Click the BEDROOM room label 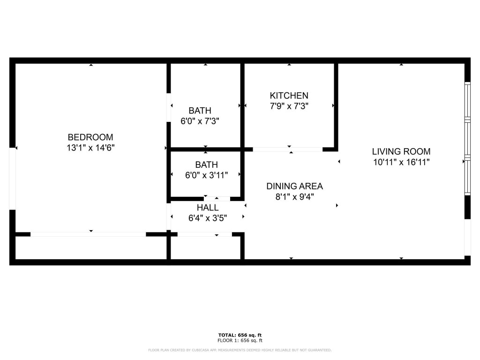90,137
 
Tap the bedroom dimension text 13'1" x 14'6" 90,148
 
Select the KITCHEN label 289,96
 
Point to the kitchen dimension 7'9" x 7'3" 289,106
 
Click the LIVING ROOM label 401,151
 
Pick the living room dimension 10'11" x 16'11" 401,162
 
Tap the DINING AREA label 294,186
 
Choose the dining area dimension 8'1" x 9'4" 294,197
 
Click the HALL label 207,207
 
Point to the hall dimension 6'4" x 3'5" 207,217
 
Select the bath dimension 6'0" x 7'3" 200,121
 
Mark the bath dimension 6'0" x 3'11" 207,175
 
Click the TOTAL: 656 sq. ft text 240,335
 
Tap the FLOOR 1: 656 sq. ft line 240,341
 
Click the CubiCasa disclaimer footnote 240,350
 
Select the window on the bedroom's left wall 13,178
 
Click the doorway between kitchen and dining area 287,150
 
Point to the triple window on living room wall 467,138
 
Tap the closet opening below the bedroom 88,234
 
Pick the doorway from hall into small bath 217,199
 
